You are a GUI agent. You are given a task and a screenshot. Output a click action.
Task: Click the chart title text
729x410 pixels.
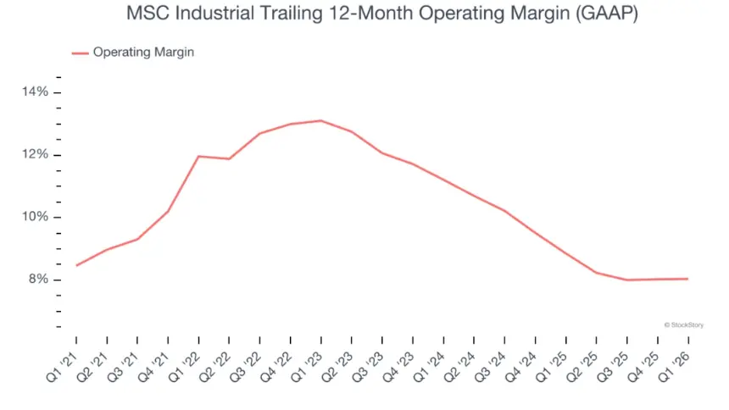(364, 14)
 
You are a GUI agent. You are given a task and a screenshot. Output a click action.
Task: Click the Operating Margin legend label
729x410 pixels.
(143, 53)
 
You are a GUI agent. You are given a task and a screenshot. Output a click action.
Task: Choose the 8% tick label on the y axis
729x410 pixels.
(38, 280)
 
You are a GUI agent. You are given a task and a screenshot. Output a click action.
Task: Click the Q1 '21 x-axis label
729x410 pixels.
(65, 365)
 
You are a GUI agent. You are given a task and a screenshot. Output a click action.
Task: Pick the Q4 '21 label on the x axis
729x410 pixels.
(157, 365)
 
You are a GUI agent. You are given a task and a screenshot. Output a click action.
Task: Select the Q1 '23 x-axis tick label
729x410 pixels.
(310, 365)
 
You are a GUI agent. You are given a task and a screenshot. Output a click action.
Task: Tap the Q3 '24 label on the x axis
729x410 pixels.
(494, 365)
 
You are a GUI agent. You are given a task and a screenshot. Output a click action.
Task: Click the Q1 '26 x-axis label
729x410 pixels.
(677, 365)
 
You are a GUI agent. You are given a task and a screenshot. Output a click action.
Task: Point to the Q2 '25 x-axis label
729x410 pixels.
(586, 365)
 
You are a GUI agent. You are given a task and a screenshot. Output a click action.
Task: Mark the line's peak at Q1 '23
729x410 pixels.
(320, 120)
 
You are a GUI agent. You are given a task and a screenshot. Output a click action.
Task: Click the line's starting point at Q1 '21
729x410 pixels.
(76, 266)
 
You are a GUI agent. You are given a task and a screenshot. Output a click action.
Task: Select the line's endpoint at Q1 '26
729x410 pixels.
(687, 279)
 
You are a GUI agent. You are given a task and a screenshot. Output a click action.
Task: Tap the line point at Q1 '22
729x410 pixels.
(198, 156)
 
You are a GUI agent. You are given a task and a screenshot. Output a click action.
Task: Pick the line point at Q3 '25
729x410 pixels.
(626, 280)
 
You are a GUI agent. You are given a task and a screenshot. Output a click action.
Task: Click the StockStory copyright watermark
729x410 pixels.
(683, 324)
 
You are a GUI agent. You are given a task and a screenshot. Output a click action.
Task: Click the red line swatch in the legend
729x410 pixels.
(80, 53)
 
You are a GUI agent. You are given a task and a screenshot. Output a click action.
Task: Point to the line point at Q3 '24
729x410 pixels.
(504, 211)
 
